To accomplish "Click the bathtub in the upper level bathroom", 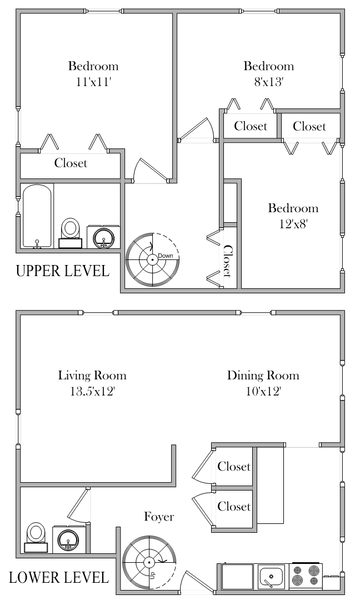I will [37, 216].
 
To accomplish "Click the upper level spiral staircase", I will [152, 259].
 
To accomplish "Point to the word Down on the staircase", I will [166, 256].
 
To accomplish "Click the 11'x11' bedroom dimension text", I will [93, 82].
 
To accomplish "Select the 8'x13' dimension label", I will [268, 82].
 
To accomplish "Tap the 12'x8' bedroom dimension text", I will [293, 224].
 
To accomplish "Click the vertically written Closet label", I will [227, 261].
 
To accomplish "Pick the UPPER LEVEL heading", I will [62, 271].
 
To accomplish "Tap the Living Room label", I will [92, 376].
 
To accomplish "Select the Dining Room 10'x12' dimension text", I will [263, 391].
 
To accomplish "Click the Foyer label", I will [159, 517].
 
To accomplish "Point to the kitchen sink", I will [271, 577].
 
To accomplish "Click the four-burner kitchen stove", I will [306, 576].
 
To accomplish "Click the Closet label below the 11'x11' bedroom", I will [71, 163].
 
